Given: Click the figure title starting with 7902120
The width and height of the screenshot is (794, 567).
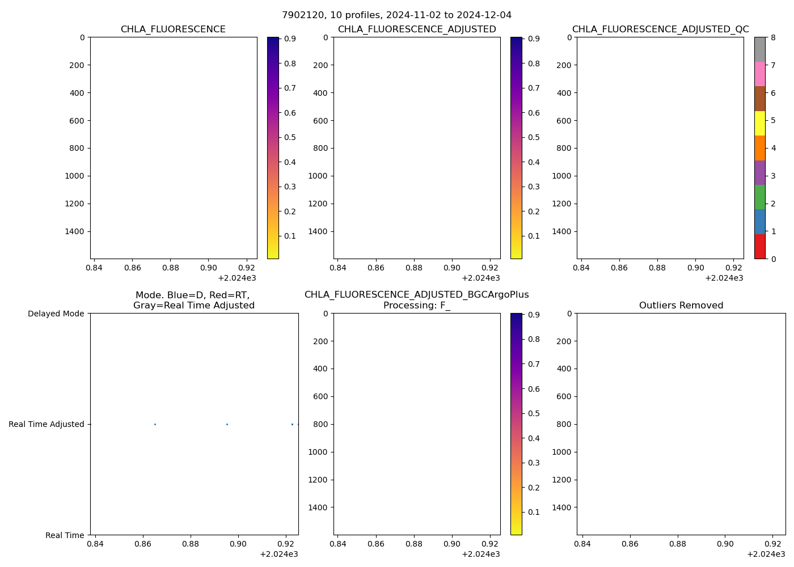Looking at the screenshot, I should [x=396, y=15].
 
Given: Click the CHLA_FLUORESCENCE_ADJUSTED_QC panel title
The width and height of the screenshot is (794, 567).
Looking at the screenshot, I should [x=660, y=29].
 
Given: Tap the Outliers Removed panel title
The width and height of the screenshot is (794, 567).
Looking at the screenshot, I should [x=681, y=306].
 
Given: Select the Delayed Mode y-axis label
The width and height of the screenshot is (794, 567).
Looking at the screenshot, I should [x=56, y=314].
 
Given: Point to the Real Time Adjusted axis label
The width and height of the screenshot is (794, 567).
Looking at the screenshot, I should [x=46, y=424].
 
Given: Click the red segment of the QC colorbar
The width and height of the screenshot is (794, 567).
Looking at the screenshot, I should [x=759, y=247].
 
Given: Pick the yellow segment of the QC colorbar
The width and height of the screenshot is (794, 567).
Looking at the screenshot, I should [x=759, y=123].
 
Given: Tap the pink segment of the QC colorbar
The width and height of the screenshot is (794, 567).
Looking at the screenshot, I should [x=759, y=74].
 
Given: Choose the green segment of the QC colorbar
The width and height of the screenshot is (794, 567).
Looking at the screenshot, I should [x=759, y=197].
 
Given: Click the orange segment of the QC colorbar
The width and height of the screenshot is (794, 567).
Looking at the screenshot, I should [x=759, y=148].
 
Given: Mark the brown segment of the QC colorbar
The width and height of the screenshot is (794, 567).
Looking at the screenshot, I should [x=759, y=99].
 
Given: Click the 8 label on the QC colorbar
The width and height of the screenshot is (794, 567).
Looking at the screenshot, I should [x=774, y=38].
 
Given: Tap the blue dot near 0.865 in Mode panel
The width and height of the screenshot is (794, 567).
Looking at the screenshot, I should [x=155, y=424].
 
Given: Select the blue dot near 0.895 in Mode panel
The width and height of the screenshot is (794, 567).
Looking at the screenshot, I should [x=227, y=424].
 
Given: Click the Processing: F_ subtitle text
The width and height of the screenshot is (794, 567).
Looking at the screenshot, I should [x=416, y=306].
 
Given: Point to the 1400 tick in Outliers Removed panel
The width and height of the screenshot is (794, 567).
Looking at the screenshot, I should [x=562, y=507].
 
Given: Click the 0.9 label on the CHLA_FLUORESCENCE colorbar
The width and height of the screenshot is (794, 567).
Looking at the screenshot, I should [x=290, y=39].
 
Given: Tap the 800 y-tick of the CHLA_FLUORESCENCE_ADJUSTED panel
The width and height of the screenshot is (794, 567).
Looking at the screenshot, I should [x=319, y=148].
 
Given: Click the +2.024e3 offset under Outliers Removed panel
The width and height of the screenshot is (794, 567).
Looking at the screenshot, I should [x=766, y=554].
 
